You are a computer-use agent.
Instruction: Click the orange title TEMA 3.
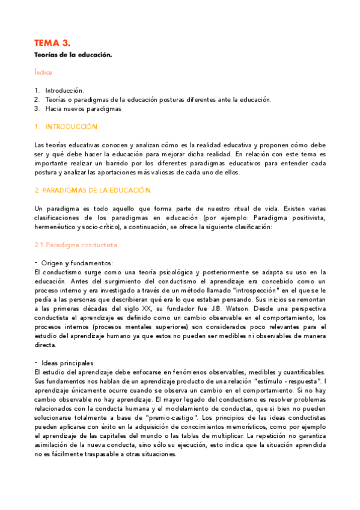(52, 43)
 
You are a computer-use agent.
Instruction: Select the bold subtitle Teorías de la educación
(73, 55)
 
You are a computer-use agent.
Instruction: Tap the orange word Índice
(43, 73)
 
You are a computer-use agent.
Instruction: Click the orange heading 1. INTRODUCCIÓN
(66, 127)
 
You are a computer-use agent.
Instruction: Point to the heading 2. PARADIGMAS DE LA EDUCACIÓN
(93, 190)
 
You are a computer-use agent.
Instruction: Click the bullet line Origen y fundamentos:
(77, 263)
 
